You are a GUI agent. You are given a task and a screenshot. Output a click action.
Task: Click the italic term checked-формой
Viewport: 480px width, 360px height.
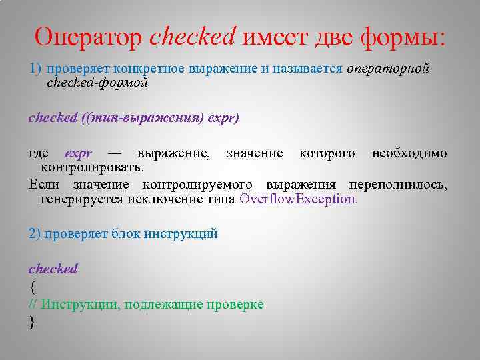tap(97, 83)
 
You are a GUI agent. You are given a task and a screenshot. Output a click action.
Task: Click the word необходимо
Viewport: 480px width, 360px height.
tap(409, 153)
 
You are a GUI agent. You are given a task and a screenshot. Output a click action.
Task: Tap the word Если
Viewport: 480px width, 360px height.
tap(44, 184)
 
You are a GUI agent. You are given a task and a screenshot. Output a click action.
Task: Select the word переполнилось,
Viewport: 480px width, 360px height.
tap(403, 184)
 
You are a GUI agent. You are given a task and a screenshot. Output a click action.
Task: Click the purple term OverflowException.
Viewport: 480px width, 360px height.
tap(298, 199)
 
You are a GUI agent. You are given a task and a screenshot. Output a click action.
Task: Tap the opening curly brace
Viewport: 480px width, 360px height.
tap(32, 287)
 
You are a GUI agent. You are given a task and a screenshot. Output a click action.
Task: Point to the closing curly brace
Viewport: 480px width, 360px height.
tap(32, 323)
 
